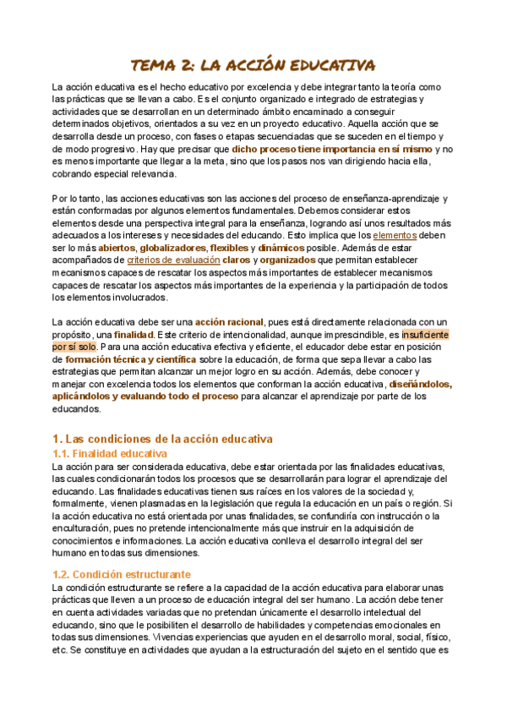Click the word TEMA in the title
pos(154,65)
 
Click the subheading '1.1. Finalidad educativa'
pos(110,453)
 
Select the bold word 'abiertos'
pos(117,248)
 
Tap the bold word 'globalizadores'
pos(173,248)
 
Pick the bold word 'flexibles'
pos(229,248)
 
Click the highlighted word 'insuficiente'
pos(426,335)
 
